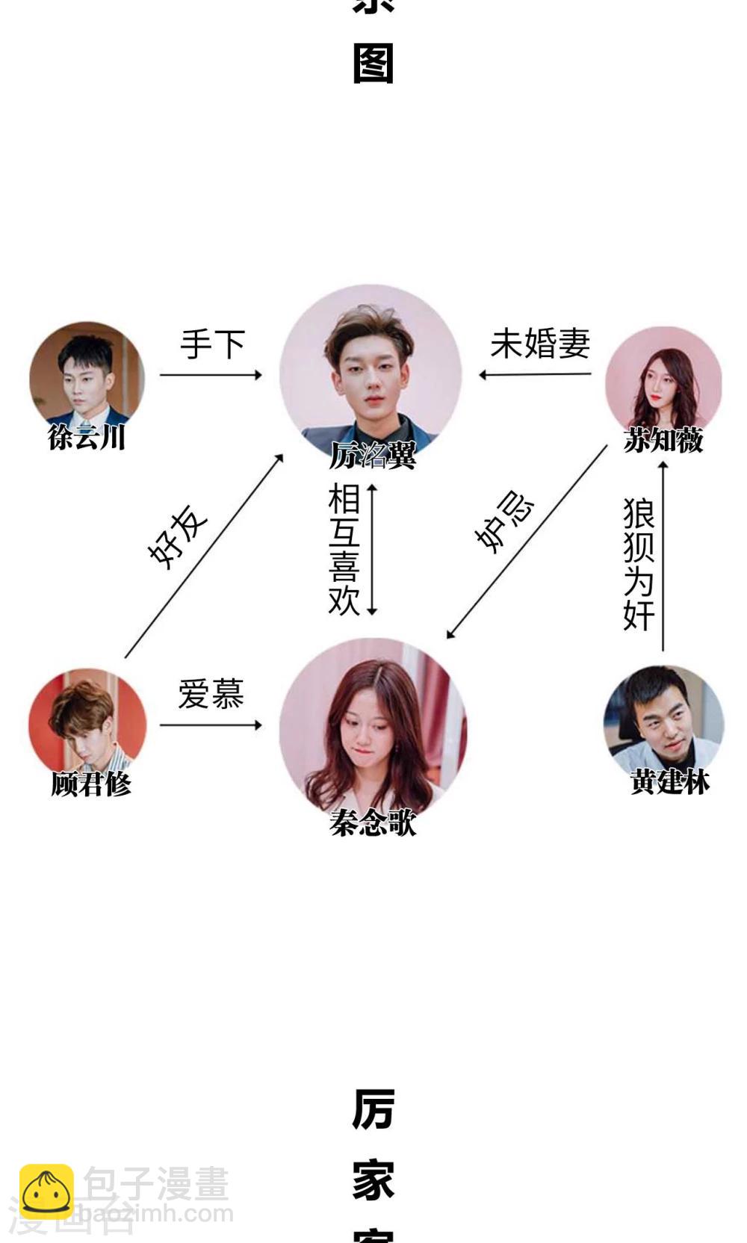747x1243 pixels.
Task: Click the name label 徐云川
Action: (x=87, y=437)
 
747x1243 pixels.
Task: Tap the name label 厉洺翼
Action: (x=373, y=455)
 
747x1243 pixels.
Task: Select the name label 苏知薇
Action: (x=663, y=440)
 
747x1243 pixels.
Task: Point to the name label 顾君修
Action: (x=91, y=784)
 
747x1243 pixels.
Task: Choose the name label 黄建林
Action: (x=669, y=782)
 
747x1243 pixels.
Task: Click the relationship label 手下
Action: (x=213, y=344)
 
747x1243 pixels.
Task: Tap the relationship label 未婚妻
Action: (x=540, y=344)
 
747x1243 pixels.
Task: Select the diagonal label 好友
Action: (x=178, y=537)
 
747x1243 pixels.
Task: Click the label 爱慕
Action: (x=211, y=694)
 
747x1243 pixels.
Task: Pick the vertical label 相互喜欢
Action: (x=344, y=549)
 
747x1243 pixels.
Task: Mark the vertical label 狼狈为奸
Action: (x=639, y=565)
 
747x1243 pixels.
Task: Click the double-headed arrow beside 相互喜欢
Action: (x=372, y=549)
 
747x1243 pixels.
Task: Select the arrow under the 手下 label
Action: (x=211, y=374)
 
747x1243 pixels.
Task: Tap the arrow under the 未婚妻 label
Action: (x=535, y=374)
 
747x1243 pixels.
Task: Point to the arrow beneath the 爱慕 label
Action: (x=211, y=725)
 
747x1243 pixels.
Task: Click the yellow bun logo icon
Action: (x=46, y=1191)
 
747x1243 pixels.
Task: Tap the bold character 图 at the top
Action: (x=373, y=64)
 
